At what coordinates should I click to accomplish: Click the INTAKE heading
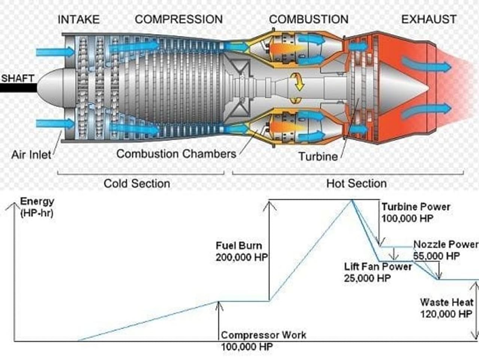79,19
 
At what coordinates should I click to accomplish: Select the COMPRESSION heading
179,19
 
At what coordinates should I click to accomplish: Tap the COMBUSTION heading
309,19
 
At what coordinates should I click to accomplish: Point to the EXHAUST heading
429,19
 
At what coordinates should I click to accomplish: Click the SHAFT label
18,78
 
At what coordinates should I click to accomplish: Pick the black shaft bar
19,88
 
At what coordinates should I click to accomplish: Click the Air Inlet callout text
31,155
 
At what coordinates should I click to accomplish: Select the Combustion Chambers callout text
176,154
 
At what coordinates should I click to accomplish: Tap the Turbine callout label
318,156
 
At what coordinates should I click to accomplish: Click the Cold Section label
137,183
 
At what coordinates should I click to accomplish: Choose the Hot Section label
356,183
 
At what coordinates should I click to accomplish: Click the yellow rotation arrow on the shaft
298,82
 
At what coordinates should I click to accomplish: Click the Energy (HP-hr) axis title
37,207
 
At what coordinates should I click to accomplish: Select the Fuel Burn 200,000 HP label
242,251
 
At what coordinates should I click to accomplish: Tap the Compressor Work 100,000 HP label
263,341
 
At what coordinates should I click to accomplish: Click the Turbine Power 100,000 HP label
416,213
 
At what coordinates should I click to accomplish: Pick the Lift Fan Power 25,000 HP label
378,272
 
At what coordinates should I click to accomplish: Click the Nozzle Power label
446,244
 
